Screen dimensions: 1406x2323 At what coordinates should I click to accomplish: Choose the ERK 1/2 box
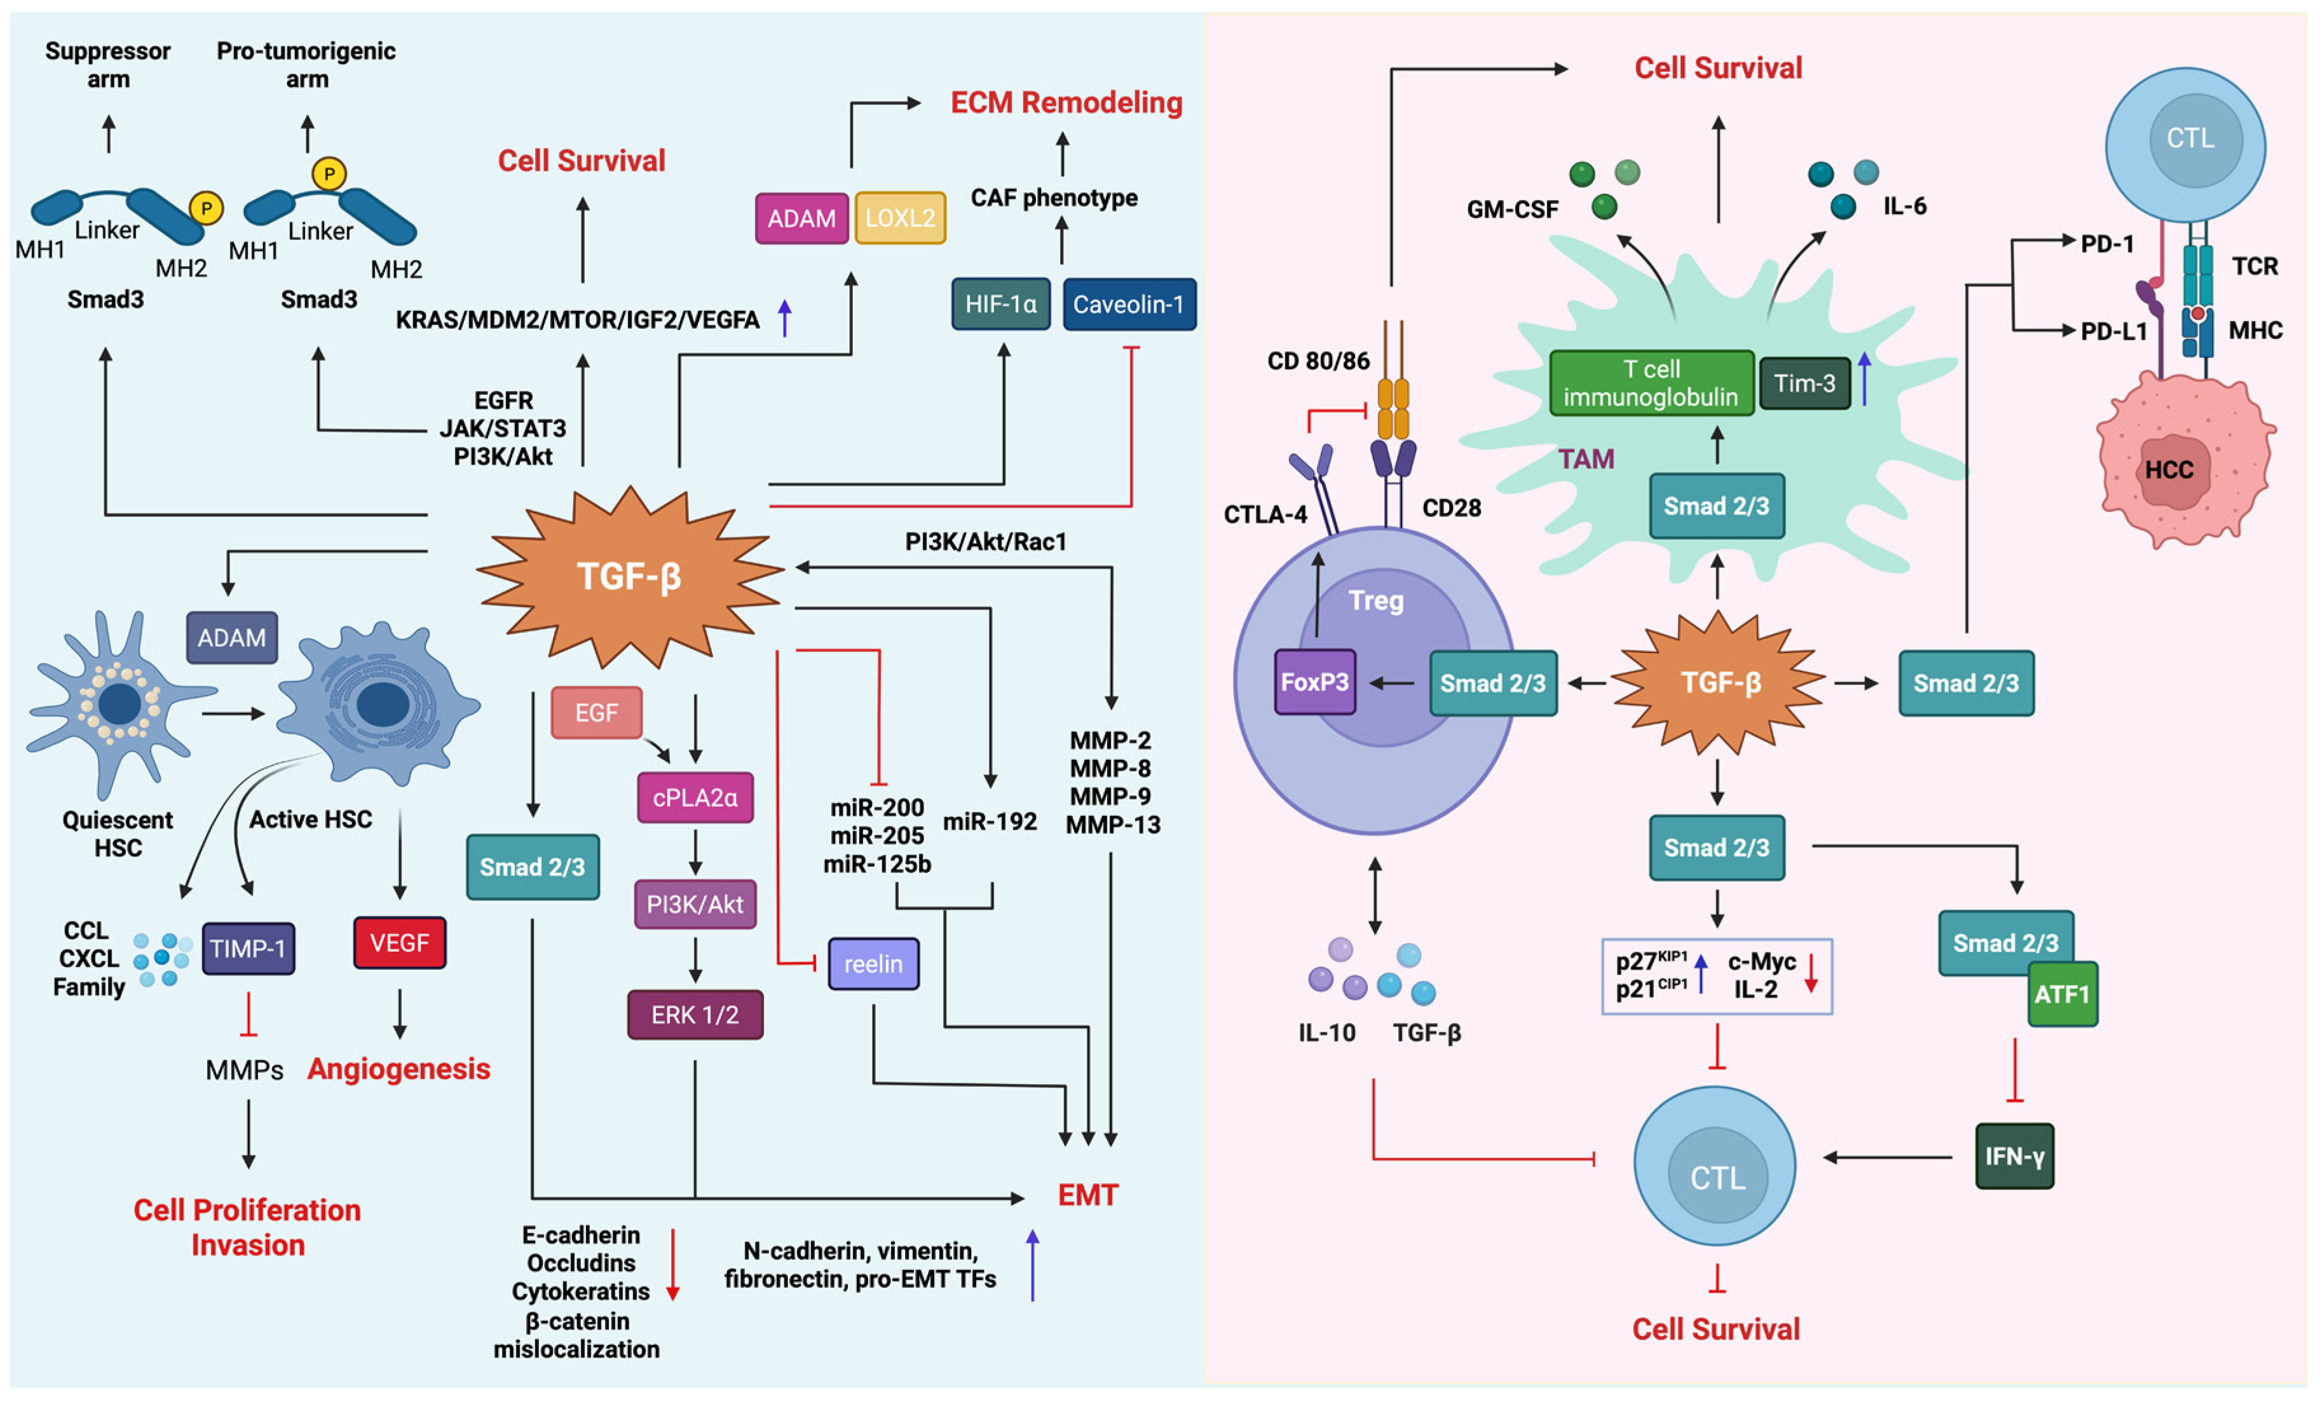point(695,1015)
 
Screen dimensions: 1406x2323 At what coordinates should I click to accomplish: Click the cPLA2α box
point(695,798)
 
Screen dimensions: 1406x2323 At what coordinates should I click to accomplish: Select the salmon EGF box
point(596,712)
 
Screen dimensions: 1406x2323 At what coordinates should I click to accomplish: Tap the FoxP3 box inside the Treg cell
point(1314,681)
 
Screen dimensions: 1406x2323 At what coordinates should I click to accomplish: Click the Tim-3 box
point(1804,383)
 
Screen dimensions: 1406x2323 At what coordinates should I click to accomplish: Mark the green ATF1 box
point(2062,994)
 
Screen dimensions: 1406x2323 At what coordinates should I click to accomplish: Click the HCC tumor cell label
point(2169,469)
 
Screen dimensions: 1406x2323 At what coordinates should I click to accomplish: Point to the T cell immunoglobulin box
point(1651,383)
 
